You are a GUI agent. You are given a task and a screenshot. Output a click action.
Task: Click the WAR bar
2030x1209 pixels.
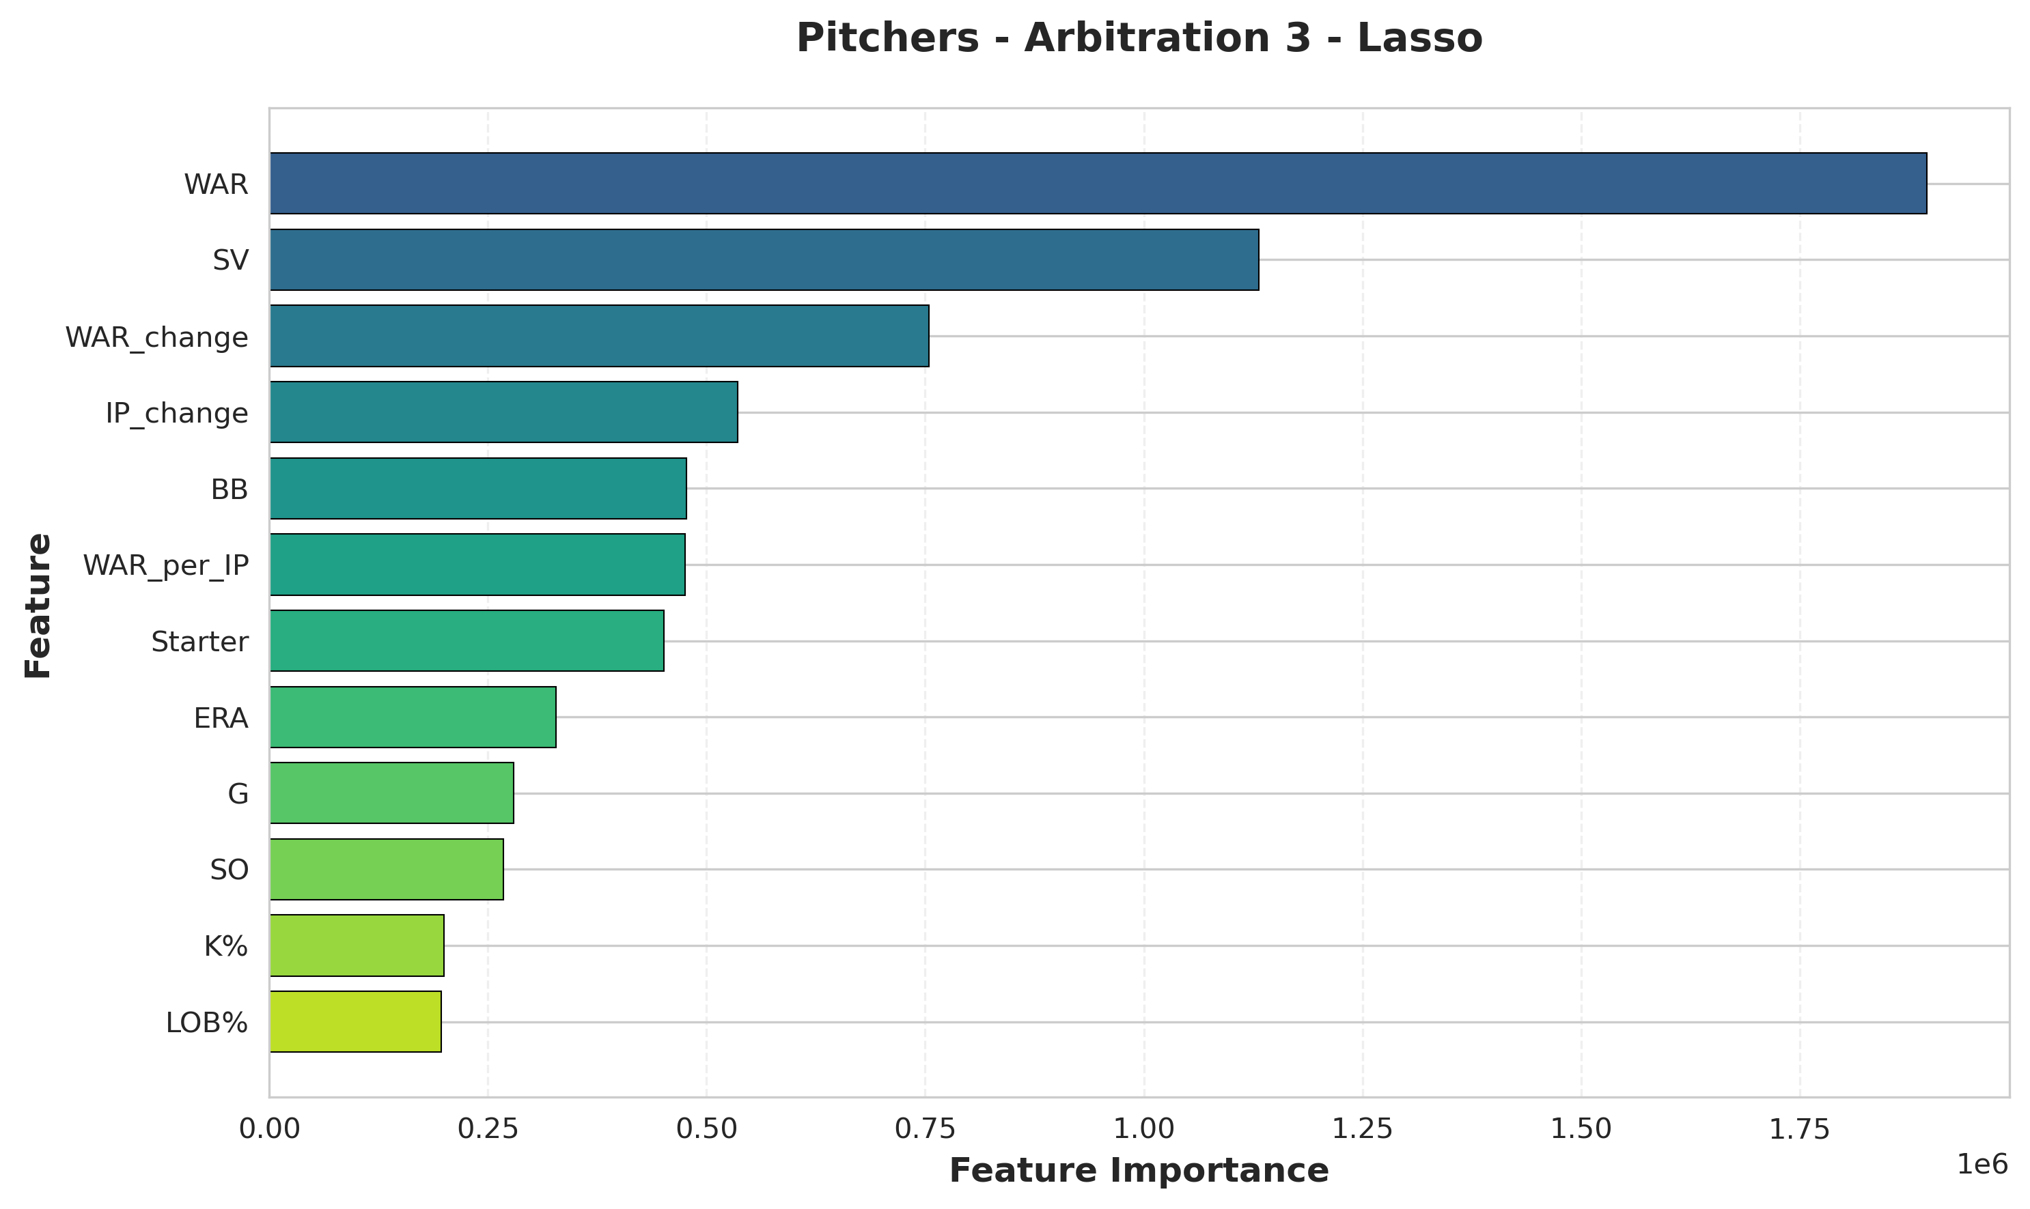point(1098,184)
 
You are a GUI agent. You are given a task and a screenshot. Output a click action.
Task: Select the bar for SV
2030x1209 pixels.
point(764,260)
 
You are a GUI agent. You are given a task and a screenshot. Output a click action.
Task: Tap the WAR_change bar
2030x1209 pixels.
point(599,336)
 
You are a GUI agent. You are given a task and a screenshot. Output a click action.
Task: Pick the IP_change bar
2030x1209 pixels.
point(503,412)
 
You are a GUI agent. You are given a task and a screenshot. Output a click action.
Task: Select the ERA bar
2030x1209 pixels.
point(413,717)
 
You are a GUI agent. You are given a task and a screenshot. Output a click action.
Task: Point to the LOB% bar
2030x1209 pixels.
point(355,1022)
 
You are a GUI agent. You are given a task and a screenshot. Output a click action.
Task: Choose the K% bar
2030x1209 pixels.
point(357,945)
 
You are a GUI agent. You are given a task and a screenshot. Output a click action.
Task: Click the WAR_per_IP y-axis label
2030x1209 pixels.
point(165,565)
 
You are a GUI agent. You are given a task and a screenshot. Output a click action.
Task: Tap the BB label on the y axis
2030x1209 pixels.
point(229,489)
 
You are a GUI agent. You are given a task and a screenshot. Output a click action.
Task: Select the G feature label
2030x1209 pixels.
point(238,793)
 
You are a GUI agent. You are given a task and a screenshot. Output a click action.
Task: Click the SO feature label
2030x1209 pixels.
point(229,870)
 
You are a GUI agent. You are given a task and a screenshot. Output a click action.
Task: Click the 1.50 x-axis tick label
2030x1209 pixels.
point(1581,1128)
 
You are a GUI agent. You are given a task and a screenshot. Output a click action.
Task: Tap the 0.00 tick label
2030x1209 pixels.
point(270,1128)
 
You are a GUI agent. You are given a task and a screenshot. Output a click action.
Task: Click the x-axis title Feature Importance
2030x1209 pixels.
point(1139,1171)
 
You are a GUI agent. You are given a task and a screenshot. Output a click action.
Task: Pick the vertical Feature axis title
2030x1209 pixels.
point(38,605)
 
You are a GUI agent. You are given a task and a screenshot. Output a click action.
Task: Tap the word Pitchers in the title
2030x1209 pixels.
point(887,38)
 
